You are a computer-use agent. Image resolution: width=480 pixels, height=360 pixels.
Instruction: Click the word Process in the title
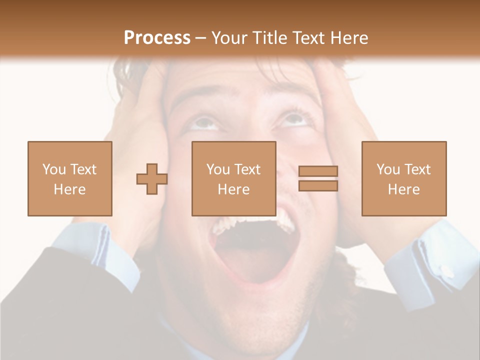pyautogui.click(x=157, y=38)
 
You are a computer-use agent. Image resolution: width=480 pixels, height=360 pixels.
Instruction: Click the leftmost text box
pyautogui.click(x=70, y=178)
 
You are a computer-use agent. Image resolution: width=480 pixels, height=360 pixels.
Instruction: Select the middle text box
pyautogui.click(x=233, y=178)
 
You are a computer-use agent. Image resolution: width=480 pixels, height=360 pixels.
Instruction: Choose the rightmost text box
pyautogui.click(x=403, y=178)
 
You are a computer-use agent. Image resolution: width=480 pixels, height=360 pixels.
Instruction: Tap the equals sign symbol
pyautogui.click(x=318, y=178)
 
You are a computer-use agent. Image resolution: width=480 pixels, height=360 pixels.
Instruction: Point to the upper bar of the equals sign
pyautogui.click(x=318, y=171)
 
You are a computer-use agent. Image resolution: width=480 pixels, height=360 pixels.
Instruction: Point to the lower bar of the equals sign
pyautogui.click(x=318, y=186)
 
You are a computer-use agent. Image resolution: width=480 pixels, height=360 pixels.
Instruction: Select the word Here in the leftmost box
pyautogui.click(x=69, y=189)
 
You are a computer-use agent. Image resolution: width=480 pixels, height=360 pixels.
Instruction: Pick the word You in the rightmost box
pyautogui.click(x=388, y=169)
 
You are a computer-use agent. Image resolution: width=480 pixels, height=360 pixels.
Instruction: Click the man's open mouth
pyautogui.click(x=247, y=250)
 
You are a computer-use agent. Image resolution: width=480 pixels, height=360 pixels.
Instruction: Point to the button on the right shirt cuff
pyautogui.click(x=446, y=270)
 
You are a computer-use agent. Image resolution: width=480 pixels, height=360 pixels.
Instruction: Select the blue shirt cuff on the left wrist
pyautogui.click(x=100, y=255)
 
